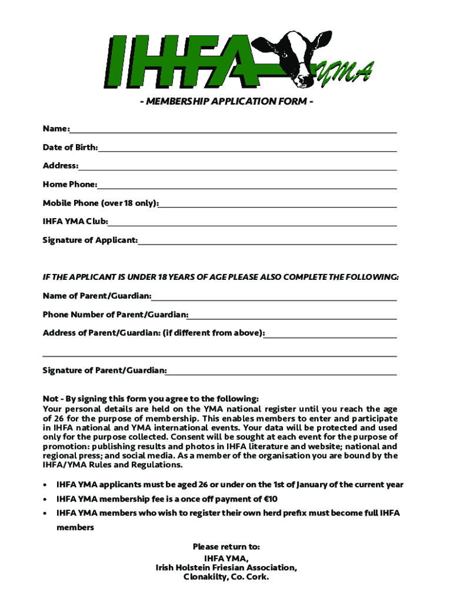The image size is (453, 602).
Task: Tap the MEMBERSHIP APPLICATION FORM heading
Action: [x=226, y=101]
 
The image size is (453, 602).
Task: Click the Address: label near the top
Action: [x=60, y=166]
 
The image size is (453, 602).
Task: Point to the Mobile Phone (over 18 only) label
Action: [x=101, y=203]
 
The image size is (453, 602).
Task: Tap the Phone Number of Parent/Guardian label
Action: [x=115, y=315]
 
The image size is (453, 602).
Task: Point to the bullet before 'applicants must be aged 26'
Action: [x=45, y=485]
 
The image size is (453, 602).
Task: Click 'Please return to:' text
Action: [x=226, y=547]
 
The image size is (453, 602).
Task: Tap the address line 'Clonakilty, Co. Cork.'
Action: [x=226, y=577]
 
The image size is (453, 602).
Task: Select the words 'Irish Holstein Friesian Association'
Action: [x=225, y=567]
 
